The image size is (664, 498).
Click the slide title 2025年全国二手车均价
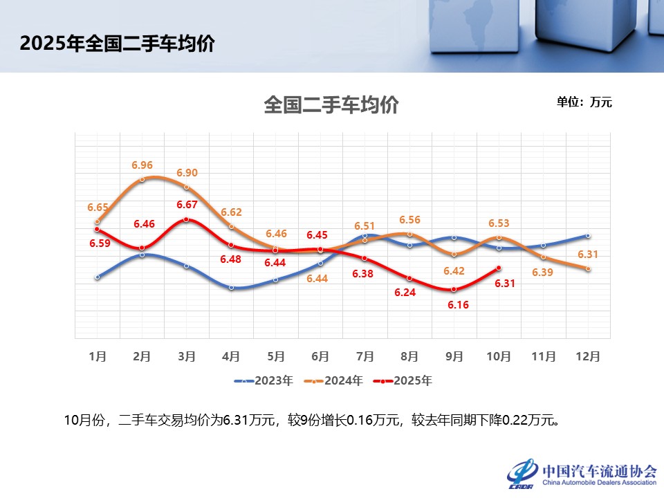[x=117, y=44]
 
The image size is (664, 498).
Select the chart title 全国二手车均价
[x=331, y=106]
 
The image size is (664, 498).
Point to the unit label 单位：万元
[x=584, y=102]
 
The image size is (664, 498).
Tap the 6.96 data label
[x=142, y=165]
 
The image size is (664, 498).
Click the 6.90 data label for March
[x=187, y=173]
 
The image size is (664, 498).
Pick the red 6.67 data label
[x=187, y=205]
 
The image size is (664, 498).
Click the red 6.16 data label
[x=455, y=304]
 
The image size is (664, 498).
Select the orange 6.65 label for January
[x=98, y=207]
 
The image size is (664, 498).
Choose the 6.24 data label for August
[x=405, y=293]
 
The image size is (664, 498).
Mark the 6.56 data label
[x=409, y=219]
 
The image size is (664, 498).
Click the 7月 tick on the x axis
[x=365, y=356]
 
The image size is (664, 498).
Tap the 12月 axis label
[x=588, y=356]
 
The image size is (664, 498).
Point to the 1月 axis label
[x=98, y=356]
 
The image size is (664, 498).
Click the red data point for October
[x=499, y=268]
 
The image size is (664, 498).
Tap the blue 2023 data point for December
[x=588, y=236]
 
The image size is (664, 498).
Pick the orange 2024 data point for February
[x=142, y=179]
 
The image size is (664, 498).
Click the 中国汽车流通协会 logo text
[x=600, y=470]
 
